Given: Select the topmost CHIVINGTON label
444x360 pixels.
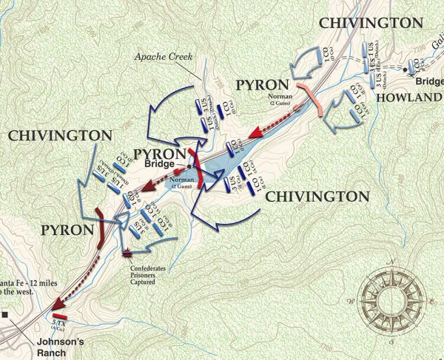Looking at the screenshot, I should point(371,23).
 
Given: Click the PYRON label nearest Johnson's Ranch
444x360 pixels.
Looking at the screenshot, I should point(67,231).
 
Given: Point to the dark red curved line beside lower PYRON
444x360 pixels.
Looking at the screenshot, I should point(101,228).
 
